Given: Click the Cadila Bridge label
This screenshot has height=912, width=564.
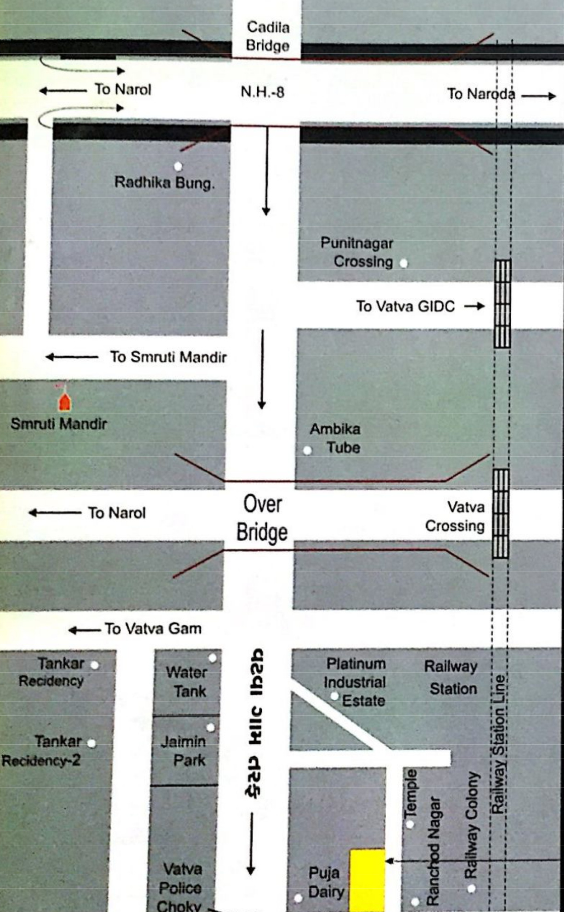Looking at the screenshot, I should click(x=268, y=36).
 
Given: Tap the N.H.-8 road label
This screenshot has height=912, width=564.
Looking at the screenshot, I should click(x=262, y=92).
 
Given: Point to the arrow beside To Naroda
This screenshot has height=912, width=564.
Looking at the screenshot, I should click(x=538, y=96).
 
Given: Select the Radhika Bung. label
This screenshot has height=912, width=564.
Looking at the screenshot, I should click(x=164, y=183).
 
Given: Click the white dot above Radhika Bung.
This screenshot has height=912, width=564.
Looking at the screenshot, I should click(x=178, y=166).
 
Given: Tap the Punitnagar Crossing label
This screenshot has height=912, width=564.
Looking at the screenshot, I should click(x=357, y=252).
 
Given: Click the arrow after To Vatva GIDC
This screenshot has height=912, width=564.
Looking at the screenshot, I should click(x=474, y=306).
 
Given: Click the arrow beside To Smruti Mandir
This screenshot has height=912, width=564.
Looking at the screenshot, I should click(x=72, y=357).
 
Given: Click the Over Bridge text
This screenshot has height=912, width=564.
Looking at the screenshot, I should click(x=262, y=518).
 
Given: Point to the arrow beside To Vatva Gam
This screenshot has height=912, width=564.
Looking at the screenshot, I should click(x=85, y=630).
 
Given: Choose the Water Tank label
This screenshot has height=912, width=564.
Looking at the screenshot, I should click(x=187, y=682).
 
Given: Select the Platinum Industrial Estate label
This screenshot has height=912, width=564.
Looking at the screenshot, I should click(x=355, y=682).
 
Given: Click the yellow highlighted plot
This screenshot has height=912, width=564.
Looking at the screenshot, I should click(x=367, y=879).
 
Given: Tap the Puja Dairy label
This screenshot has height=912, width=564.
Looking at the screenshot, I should click(x=326, y=882).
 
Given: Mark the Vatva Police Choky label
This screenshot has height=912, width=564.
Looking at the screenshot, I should click(x=180, y=887).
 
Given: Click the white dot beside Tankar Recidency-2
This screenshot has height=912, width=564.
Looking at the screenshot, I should click(x=92, y=743).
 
